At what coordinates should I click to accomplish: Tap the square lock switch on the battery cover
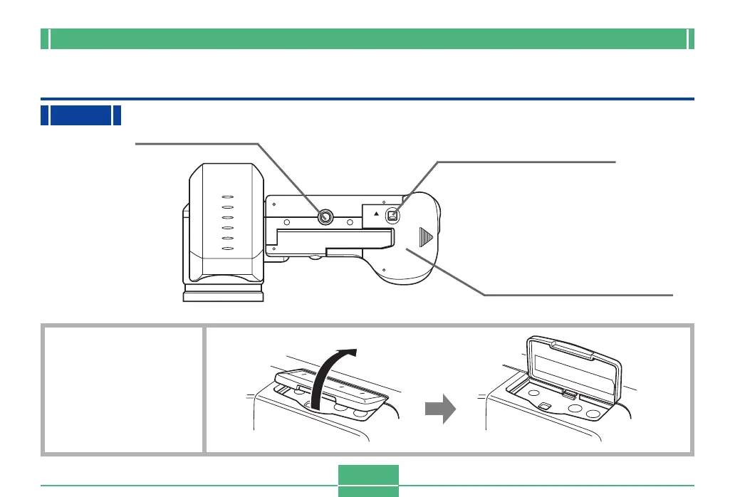(x=391, y=215)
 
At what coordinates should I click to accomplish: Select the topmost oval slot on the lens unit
(x=228, y=197)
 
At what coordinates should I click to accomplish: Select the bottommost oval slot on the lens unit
(x=228, y=248)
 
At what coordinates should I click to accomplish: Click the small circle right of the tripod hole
(x=350, y=221)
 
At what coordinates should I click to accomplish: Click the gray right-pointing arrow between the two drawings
(x=439, y=411)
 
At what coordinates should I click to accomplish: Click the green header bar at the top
(x=367, y=39)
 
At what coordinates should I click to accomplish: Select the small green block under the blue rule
(x=80, y=115)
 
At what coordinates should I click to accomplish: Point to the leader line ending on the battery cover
(x=541, y=294)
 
